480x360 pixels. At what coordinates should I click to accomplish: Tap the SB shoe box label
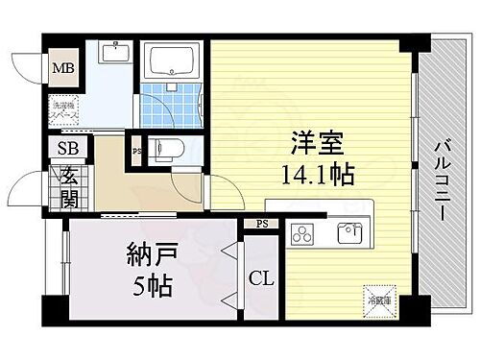click(68, 148)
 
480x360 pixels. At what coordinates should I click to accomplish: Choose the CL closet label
click(261, 279)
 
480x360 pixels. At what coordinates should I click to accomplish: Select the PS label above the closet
click(261, 225)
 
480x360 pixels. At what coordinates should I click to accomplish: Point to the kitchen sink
click(349, 233)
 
